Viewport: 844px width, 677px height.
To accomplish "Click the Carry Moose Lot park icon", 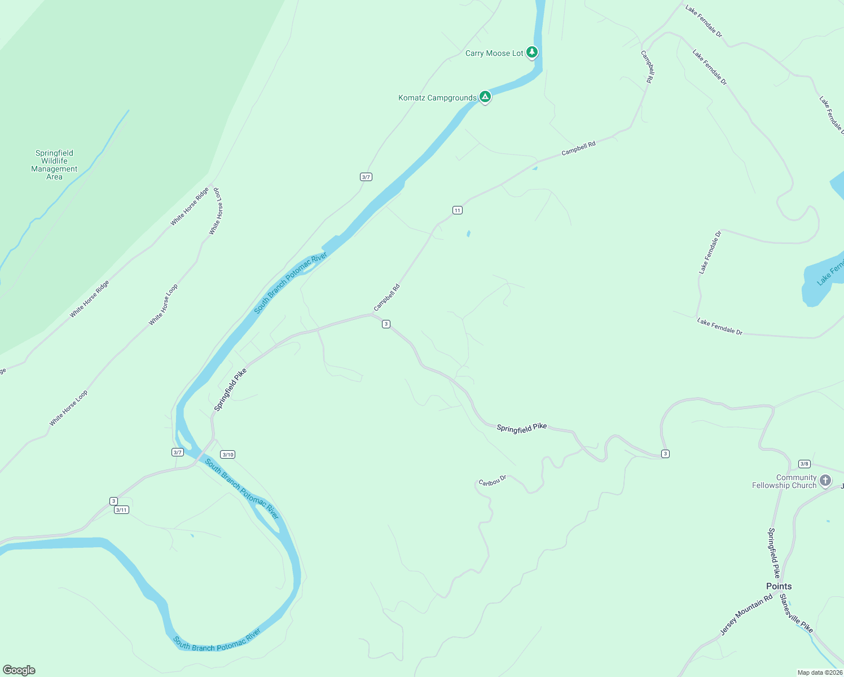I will (x=531, y=52).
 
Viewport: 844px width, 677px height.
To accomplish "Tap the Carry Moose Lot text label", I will (x=494, y=54).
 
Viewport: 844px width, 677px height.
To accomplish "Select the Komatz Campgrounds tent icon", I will (x=485, y=97).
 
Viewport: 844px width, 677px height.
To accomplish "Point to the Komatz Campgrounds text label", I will (x=437, y=98).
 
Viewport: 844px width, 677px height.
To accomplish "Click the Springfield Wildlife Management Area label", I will (x=54, y=165).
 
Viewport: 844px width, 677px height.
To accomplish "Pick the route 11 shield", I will (x=457, y=210).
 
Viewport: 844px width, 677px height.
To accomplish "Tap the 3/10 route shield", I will (x=227, y=455).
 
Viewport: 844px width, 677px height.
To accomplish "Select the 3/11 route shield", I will (x=121, y=510).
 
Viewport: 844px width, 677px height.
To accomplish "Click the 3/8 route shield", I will (x=804, y=464).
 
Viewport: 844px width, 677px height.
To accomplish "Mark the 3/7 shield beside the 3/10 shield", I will (x=178, y=452).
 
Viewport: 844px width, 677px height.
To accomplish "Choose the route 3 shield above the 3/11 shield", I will (x=113, y=501).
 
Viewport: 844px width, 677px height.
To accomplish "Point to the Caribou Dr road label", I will (x=493, y=481).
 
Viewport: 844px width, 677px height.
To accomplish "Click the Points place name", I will (x=779, y=586).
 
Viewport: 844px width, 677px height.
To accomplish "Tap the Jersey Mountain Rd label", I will (x=746, y=616).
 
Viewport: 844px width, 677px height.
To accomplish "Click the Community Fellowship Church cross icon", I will (x=825, y=481).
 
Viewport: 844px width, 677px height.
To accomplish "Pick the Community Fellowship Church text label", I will (x=784, y=481).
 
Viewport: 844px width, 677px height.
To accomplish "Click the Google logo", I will (x=19, y=670).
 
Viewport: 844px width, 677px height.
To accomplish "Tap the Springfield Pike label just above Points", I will (x=773, y=553).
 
